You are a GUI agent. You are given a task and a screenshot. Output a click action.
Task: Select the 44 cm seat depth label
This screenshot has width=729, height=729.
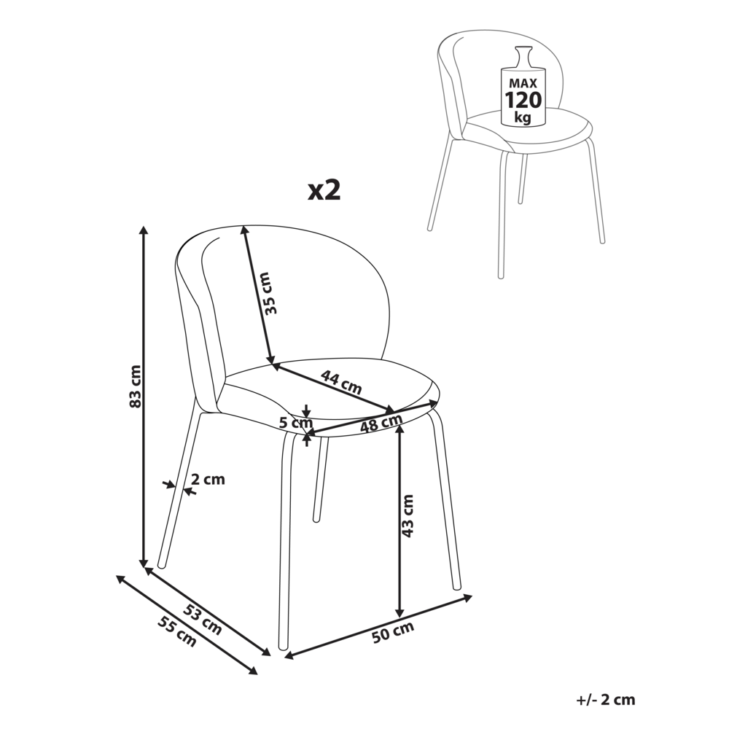click(x=341, y=382)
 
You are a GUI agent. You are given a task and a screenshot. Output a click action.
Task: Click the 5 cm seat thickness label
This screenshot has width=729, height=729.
click(x=295, y=421)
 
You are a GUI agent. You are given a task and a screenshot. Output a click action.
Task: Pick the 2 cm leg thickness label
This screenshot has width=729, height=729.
click(x=208, y=480)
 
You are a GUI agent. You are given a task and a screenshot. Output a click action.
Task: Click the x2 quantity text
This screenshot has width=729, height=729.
click(x=324, y=190)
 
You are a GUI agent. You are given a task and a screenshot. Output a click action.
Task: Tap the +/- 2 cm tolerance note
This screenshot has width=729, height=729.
click(x=605, y=700)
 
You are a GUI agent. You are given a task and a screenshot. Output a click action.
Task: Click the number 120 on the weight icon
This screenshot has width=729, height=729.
click(x=523, y=98)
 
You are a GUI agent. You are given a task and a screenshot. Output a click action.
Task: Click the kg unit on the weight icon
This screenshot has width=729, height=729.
click(x=523, y=117)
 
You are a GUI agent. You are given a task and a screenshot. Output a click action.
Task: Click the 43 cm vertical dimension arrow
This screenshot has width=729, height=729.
click(x=399, y=554)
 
